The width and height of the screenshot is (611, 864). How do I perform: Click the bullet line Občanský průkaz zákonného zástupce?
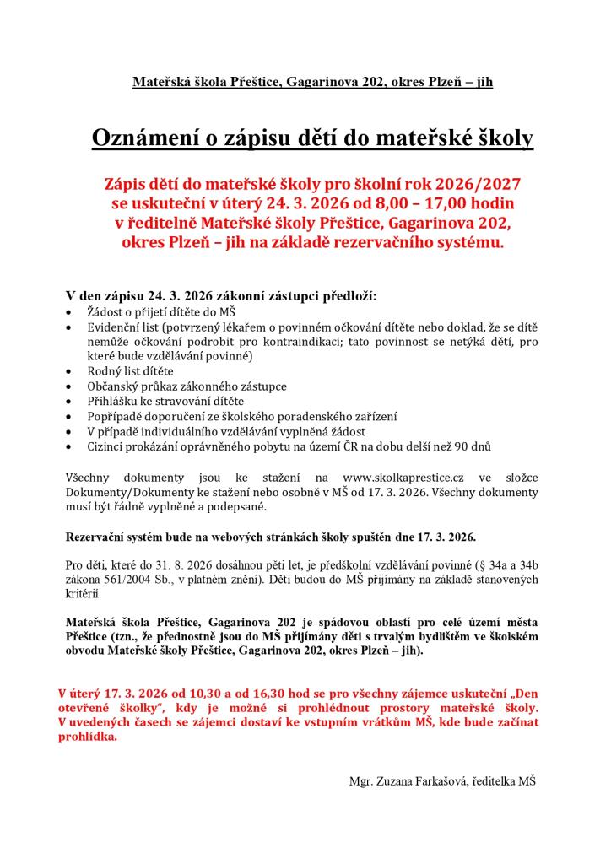[187, 386]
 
